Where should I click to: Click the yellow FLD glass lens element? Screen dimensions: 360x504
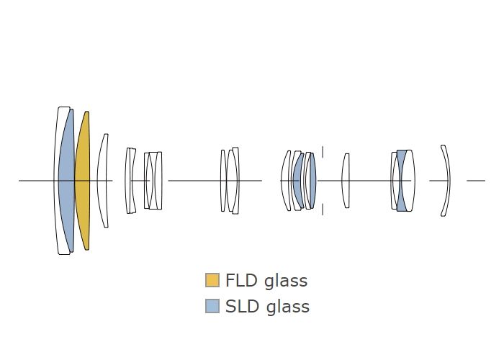(83, 180)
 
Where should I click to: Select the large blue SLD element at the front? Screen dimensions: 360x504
(67, 180)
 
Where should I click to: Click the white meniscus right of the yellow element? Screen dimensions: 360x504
(104, 180)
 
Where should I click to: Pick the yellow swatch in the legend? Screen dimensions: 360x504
(212, 280)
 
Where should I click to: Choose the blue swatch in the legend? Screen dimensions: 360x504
(212, 307)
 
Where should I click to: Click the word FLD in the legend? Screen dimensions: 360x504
(241, 280)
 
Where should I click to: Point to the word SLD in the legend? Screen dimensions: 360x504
(243, 307)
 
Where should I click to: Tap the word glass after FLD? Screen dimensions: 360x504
(285, 281)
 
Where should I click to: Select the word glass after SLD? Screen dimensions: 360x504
(287, 307)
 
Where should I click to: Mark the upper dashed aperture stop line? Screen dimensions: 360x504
(323, 152)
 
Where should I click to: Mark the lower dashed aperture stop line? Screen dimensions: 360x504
(323, 208)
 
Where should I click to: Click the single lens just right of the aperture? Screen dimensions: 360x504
(346, 180)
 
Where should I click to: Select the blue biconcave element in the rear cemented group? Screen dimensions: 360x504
(400, 180)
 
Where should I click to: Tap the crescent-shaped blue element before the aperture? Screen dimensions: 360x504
(297, 180)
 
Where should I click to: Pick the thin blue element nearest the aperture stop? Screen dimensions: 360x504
(312, 180)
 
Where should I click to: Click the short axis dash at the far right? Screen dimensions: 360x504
(476, 180)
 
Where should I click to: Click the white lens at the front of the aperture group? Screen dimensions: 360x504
(285, 180)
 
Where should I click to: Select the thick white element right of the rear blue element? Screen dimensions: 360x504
(408, 180)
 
